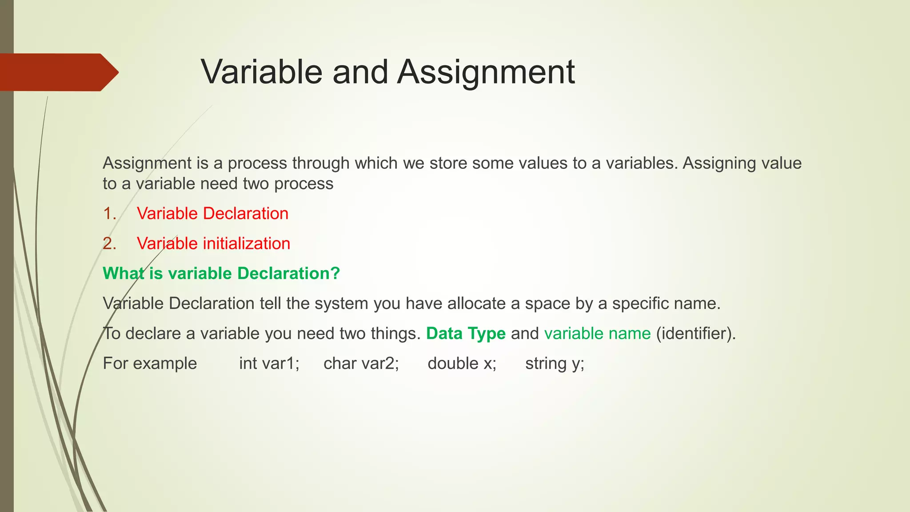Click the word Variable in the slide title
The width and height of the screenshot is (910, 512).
(x=261, y=72)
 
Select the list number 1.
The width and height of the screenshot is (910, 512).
(x=109, y=214)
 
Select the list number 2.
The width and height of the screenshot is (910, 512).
(x=109, y=244)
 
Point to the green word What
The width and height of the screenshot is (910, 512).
(x=124, y=273)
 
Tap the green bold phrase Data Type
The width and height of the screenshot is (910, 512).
(x=466, y=333)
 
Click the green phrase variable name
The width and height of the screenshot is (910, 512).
(x=597, y=333)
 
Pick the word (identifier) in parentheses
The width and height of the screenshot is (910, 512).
(x=696, y=333)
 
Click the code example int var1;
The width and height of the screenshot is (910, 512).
(x=269, y=364)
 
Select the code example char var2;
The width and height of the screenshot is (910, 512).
(x=361, y=364)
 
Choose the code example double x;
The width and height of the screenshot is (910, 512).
(x=462, y=364)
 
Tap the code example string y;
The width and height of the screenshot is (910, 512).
(x=555, y=364)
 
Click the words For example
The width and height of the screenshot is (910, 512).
(x=150, y=364)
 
